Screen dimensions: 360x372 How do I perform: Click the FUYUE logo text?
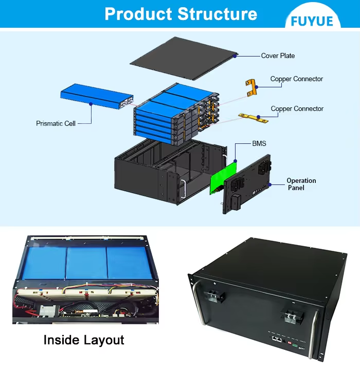(x=312, y=21)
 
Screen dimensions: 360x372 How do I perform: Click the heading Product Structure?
(x=181, y=14)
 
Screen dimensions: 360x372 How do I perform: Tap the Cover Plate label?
(x=278, y=56)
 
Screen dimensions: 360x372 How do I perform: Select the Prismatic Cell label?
(x=56, y=123)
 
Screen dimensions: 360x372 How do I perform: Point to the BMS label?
(x=259, y=143)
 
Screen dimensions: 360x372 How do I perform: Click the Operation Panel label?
(x=301, y=184)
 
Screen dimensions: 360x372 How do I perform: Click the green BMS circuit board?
(x=223, y=178)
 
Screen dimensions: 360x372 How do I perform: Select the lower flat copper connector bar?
(x=253, y=118)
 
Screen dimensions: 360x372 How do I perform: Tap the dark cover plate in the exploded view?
(x=183, y=58)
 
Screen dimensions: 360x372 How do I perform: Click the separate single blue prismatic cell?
(x=97, y=96)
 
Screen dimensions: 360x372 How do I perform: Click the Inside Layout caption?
(x=84, y=340)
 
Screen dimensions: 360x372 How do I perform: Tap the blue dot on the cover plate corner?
(x=235, y=56)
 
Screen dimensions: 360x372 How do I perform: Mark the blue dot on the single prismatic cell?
(x=91, y=104)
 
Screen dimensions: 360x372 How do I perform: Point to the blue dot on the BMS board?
(x=236, y=161)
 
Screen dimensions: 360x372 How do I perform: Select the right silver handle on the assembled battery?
(x=313, y=334)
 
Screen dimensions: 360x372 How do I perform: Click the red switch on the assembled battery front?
(x=290, y=343)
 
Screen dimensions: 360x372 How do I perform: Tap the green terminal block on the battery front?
(x=295, y=345)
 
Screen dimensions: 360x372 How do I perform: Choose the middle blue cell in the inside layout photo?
(x=86, y=263)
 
